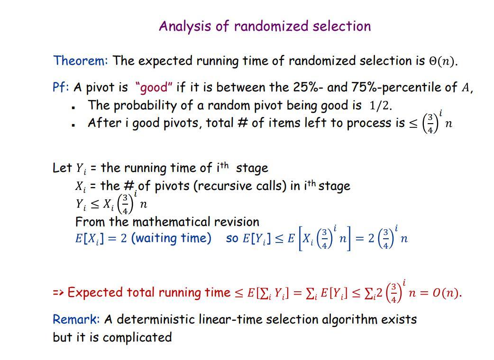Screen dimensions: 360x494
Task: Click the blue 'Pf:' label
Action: [x=61, y=88]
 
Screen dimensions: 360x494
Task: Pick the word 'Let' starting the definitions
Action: [x=62, y=168]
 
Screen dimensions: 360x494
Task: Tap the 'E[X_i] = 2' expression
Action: [x=101, y=238]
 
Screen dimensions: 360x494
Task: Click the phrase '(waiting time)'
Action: [x=171, y=238]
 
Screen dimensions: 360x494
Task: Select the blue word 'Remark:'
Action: [x=76, y=320]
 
